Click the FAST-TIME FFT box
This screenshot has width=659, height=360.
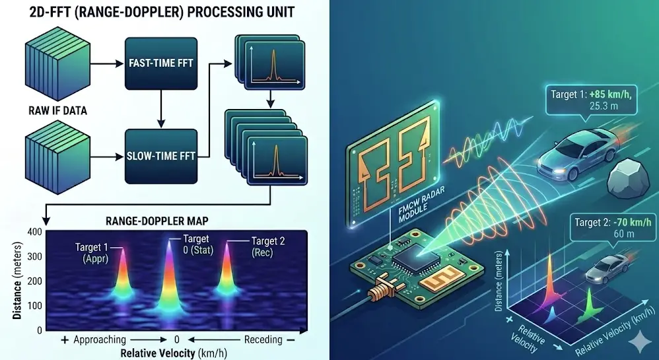(161, 63)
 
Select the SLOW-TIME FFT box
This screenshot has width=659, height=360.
(161, 156)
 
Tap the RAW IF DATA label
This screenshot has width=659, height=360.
(58, 110)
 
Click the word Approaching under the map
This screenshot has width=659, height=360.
(100, 340)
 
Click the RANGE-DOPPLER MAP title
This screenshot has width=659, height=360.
(156, 221)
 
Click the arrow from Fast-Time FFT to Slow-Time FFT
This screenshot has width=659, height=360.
(161, 109)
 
